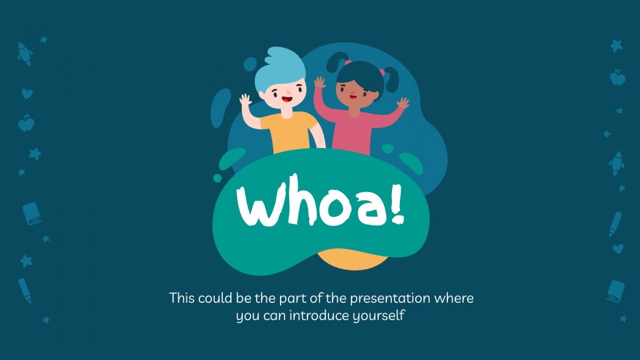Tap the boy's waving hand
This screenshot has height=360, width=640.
[x=246, y=105]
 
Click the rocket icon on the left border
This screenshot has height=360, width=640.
[x=25, y=53]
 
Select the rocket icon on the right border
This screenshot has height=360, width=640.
[x=616, y=162]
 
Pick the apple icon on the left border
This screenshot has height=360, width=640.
[x=26, y=122]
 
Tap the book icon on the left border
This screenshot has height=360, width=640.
[x=32, y=214]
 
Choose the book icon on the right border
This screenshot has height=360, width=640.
[x=615, y=291]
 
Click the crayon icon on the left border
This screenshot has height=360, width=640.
[x=25, y=290]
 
